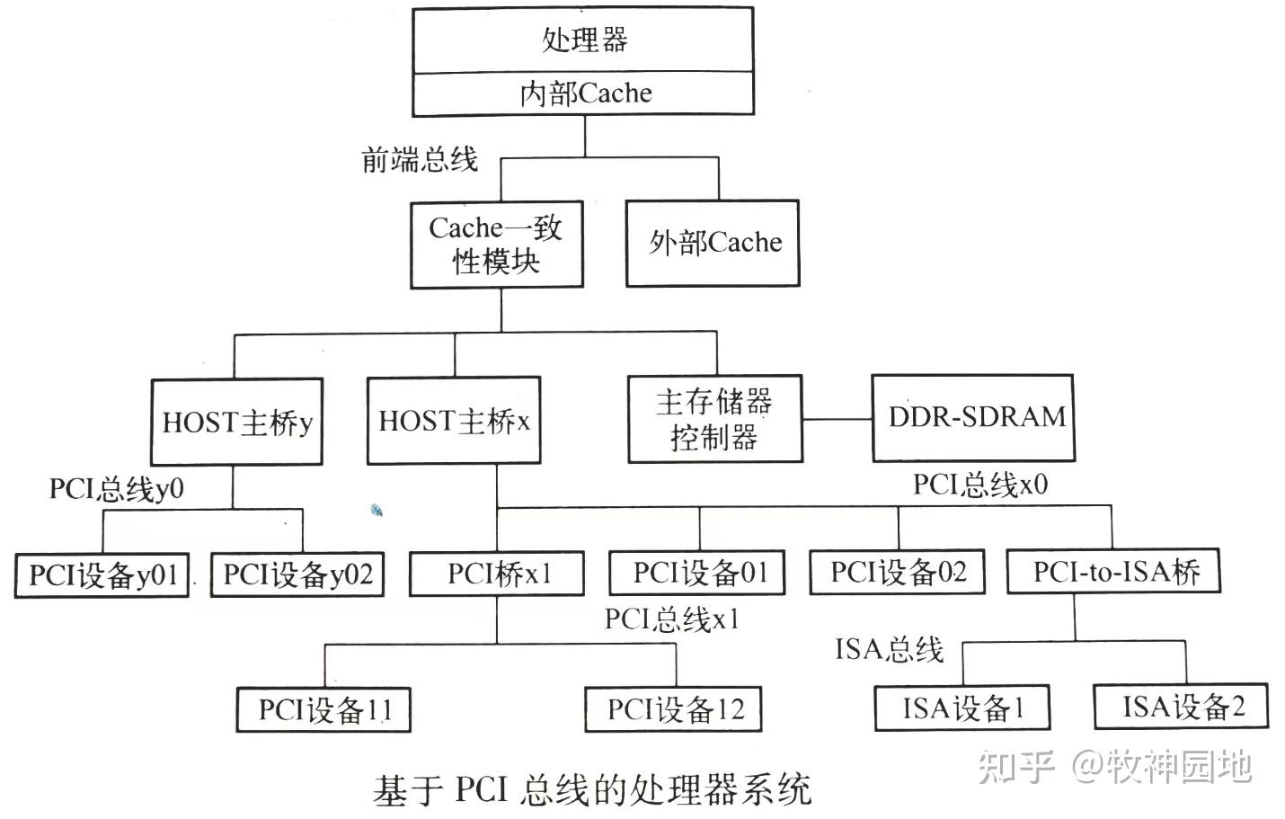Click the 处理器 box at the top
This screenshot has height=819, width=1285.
[x=583, y=40]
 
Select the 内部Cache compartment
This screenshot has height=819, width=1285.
[x=583, y=93]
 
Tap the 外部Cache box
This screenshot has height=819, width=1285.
[x=713, y=243]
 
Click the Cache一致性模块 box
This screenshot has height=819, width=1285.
[x=496, y=245]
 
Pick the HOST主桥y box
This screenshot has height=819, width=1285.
[x=236, y=422]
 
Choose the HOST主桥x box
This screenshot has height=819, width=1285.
[x=454, y=421]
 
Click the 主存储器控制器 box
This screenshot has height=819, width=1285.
[x=714, y=419]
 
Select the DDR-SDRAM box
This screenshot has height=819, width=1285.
[x=973, y=417]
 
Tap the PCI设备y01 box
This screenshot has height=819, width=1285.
[x=102, y=574]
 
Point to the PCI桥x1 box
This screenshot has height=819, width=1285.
[x=497, y=573]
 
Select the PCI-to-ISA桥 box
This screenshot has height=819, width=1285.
[x=1113, y=571]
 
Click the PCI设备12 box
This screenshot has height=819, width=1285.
[x=675, y=709]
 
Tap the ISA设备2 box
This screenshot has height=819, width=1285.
[x=1182, y=707]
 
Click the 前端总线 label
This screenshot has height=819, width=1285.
[x=419, y=160]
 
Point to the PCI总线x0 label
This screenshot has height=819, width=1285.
[x=979, y=485]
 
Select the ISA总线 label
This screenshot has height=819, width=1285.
[x=889, y=648]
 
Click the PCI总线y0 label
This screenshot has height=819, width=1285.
[x=116, y=489]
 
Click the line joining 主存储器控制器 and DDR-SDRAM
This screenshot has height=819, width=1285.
[x=837, y=419]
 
